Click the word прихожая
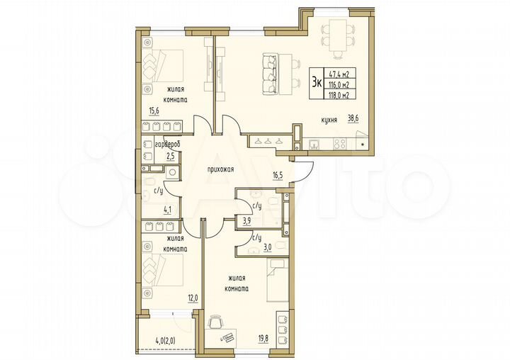pos(221,170)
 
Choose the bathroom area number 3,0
pos(269,249)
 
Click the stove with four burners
pos(339,143)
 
